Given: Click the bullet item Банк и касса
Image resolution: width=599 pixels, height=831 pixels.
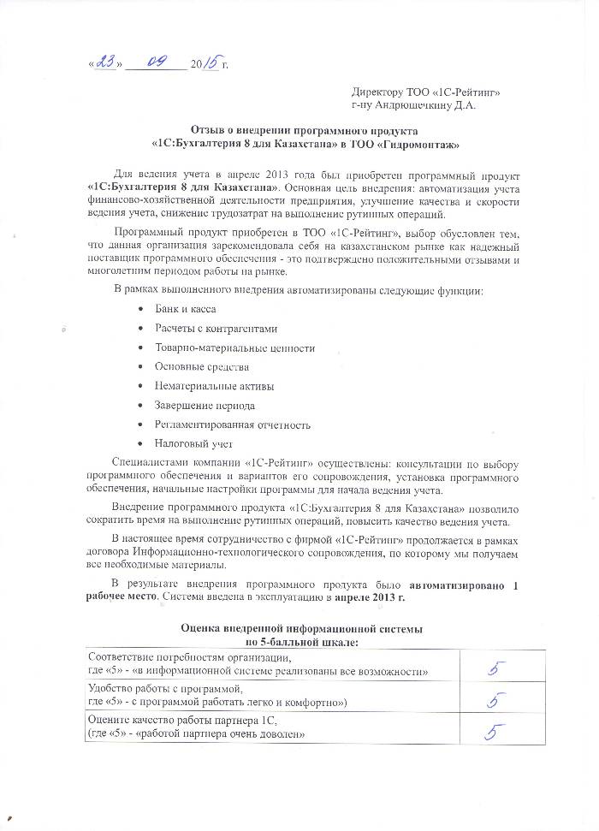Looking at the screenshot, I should click(185, 308).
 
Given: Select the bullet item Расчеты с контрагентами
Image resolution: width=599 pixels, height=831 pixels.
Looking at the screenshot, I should click(216, 328).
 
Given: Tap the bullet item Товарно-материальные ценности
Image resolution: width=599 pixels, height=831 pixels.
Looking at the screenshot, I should click(234, 347).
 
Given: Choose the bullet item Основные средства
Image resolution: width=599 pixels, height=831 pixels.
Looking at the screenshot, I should click(202, 366).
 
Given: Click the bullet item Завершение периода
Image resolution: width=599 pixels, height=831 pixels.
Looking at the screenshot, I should click(205, 405).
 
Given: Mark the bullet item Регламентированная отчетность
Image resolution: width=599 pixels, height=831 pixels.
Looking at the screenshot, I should click(232, 424).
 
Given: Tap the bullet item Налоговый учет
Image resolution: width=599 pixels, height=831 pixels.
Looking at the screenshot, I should click(193, 443).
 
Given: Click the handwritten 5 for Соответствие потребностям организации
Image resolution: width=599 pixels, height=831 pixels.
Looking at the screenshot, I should click(494, 668).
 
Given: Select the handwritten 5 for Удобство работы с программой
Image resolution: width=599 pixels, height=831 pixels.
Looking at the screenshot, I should click(494, 701).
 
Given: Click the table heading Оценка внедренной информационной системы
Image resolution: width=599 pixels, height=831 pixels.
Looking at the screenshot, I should click(300, 629).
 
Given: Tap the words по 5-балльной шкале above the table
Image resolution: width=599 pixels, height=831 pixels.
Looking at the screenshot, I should click(301, 641).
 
